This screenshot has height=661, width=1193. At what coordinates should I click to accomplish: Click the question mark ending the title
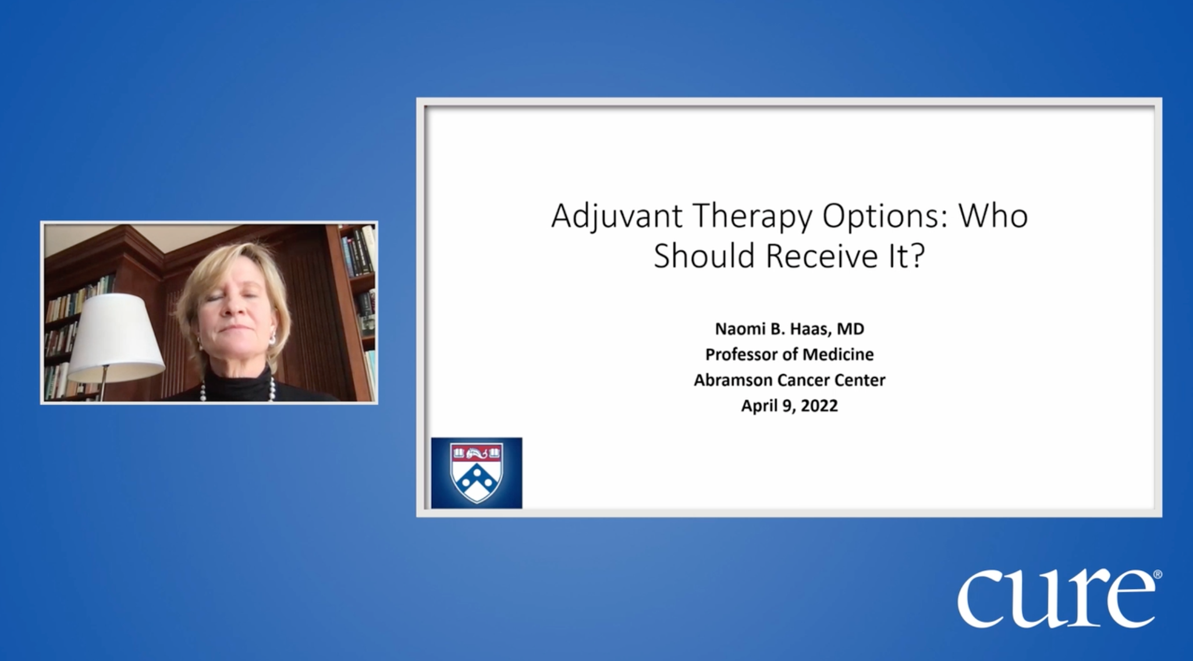(x=917, y=255)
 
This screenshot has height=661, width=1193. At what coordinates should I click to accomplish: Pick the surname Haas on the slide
(x=810, y=329)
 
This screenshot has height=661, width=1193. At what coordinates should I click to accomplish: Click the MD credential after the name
(x=851, y=329)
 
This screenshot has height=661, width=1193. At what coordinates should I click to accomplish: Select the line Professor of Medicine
(x=789, y=354)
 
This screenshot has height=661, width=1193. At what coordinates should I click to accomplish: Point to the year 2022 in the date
(x=819, y=406)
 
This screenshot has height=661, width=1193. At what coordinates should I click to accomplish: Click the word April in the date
(x=758, y=406)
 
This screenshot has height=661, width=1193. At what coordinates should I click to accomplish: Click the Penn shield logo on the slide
(x=477, y=473)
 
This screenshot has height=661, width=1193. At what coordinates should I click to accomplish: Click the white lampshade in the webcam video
(x=116, y=337)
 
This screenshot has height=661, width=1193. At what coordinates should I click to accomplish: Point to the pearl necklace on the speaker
(x=233, y=391)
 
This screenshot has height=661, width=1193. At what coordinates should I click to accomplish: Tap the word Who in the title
(x=993, y=216)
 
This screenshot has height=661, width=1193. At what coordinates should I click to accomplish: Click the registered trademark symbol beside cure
(x=1158, y=574)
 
